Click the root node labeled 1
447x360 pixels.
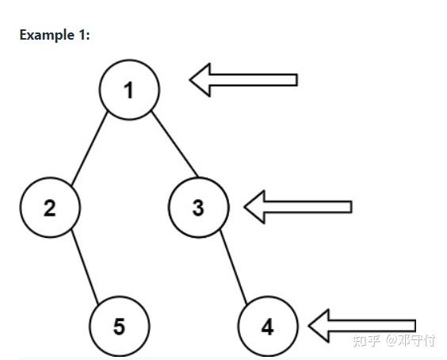click(x=129, y=90)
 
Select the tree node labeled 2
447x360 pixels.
click(x=50, y=208)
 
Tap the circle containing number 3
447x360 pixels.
click(x=199, y=208)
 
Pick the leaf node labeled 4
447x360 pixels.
click(x=268, y=327)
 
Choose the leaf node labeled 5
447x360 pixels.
click(x=120, y=327)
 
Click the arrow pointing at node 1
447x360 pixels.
click(x=243, y=80)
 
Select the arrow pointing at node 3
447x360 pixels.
click(x=298, y=207)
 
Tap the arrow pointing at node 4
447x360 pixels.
click(x=362, y=326)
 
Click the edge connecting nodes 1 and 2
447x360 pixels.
click(x=90, y=148)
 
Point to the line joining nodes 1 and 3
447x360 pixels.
click(x=174, y=144)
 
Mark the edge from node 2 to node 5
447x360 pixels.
click(x=85, y=266)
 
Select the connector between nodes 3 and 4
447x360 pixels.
click(x=234, y=266)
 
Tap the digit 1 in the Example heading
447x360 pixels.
click(x=82, y=35)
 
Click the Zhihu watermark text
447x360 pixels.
click(x=394, y=341)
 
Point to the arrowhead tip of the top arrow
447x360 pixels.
click(x=190, y=80)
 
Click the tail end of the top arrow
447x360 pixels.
click(x=297, y=80)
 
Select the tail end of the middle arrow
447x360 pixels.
click(x=352, y=207)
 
